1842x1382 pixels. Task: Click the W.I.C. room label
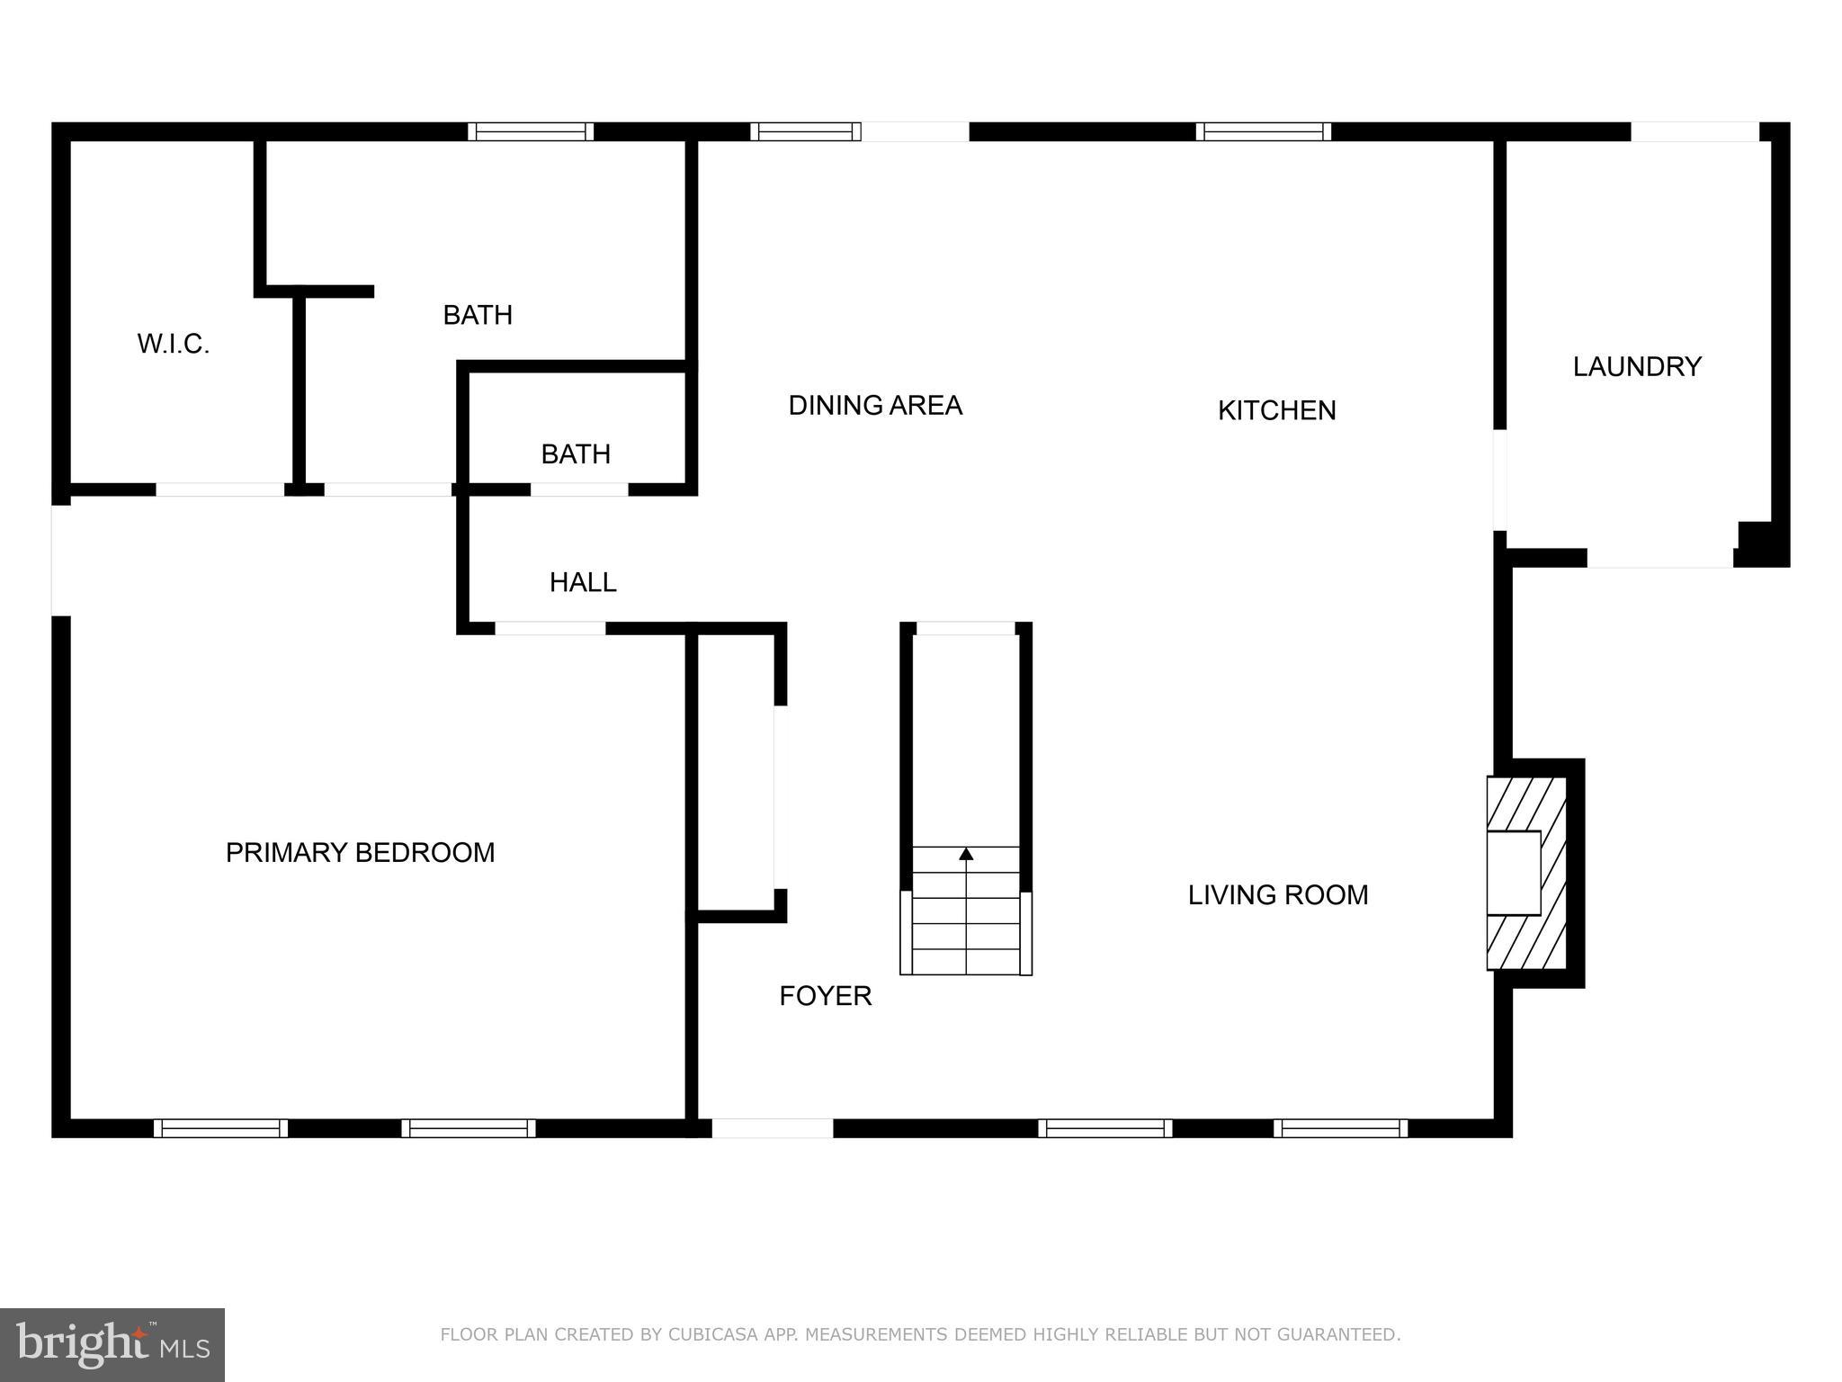173,344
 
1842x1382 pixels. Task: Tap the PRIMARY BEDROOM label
360,852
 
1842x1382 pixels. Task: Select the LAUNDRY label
1637,366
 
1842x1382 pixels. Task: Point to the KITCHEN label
1276,410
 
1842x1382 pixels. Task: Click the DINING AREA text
875,406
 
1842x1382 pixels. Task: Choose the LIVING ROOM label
1278,894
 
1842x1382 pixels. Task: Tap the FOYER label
825,996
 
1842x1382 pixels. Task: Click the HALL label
583,583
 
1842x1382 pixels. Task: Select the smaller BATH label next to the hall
576,454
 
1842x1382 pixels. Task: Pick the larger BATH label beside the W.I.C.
478,315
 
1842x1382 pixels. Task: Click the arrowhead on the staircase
966,853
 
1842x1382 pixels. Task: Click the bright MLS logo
112,1345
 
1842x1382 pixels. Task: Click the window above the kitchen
1263,131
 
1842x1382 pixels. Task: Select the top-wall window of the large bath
531,131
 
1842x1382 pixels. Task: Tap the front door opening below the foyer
773,1128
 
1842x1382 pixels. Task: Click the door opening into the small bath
579,489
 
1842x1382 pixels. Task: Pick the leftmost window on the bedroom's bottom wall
220,1128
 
